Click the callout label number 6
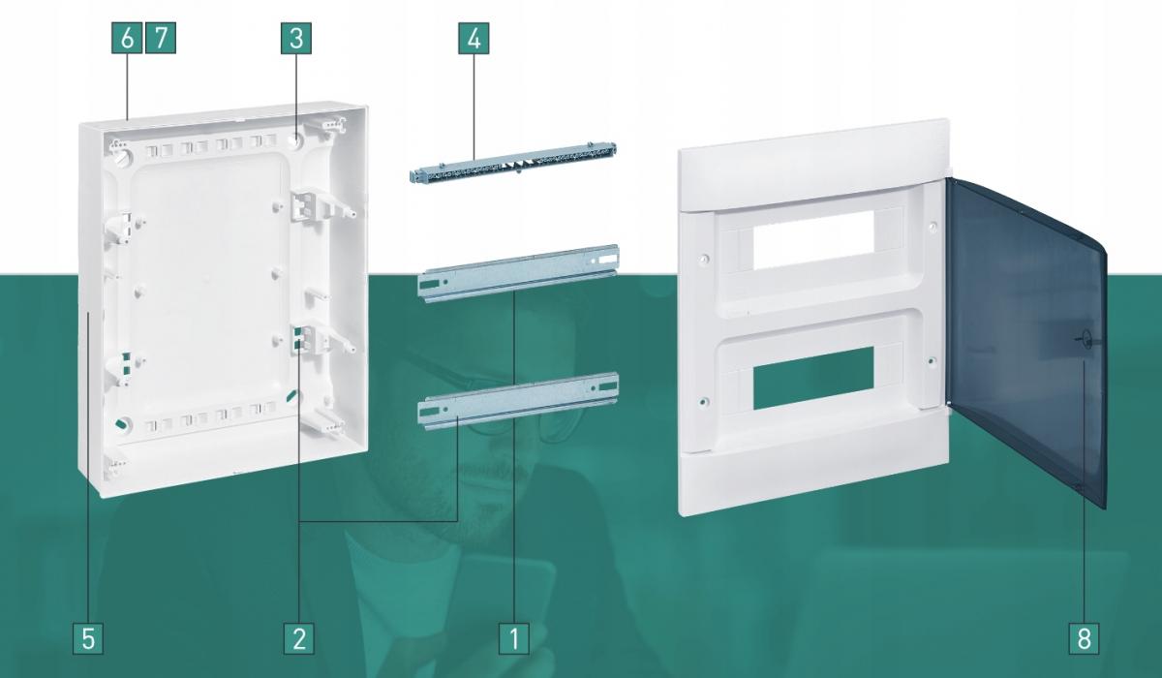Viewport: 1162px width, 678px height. click(x=127, y=38)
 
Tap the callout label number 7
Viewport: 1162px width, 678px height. click(x=161, y=38)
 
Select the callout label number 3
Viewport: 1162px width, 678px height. click(x=296, y=38)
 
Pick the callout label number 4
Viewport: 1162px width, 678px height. click(x=474, y=38)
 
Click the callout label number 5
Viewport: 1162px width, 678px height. click(x=88, y=638)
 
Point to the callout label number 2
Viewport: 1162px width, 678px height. click(x=299, y=638)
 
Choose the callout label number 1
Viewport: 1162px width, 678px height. click(x=514, y=638)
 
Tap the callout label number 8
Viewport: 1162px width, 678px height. click(x=1084, y=638)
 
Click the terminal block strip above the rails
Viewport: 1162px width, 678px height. click(x=513, y=164)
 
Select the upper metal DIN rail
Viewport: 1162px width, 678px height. click(x=519, y=273)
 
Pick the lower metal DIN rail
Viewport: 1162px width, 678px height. click(x=519, y=401)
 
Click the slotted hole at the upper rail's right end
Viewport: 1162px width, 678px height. click(x=607, y=258)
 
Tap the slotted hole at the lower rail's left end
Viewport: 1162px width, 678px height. click(x=428, y=413)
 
